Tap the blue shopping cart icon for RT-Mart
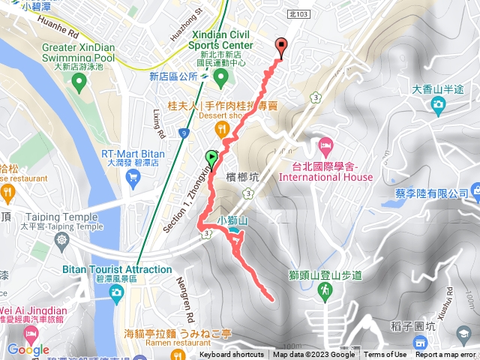coord(133,177)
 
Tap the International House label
coord(325,177)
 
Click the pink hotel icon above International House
coord(325,143)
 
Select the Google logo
coord(28,349)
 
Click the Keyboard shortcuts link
coord(232,355)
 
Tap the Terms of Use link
coord(385,355)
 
